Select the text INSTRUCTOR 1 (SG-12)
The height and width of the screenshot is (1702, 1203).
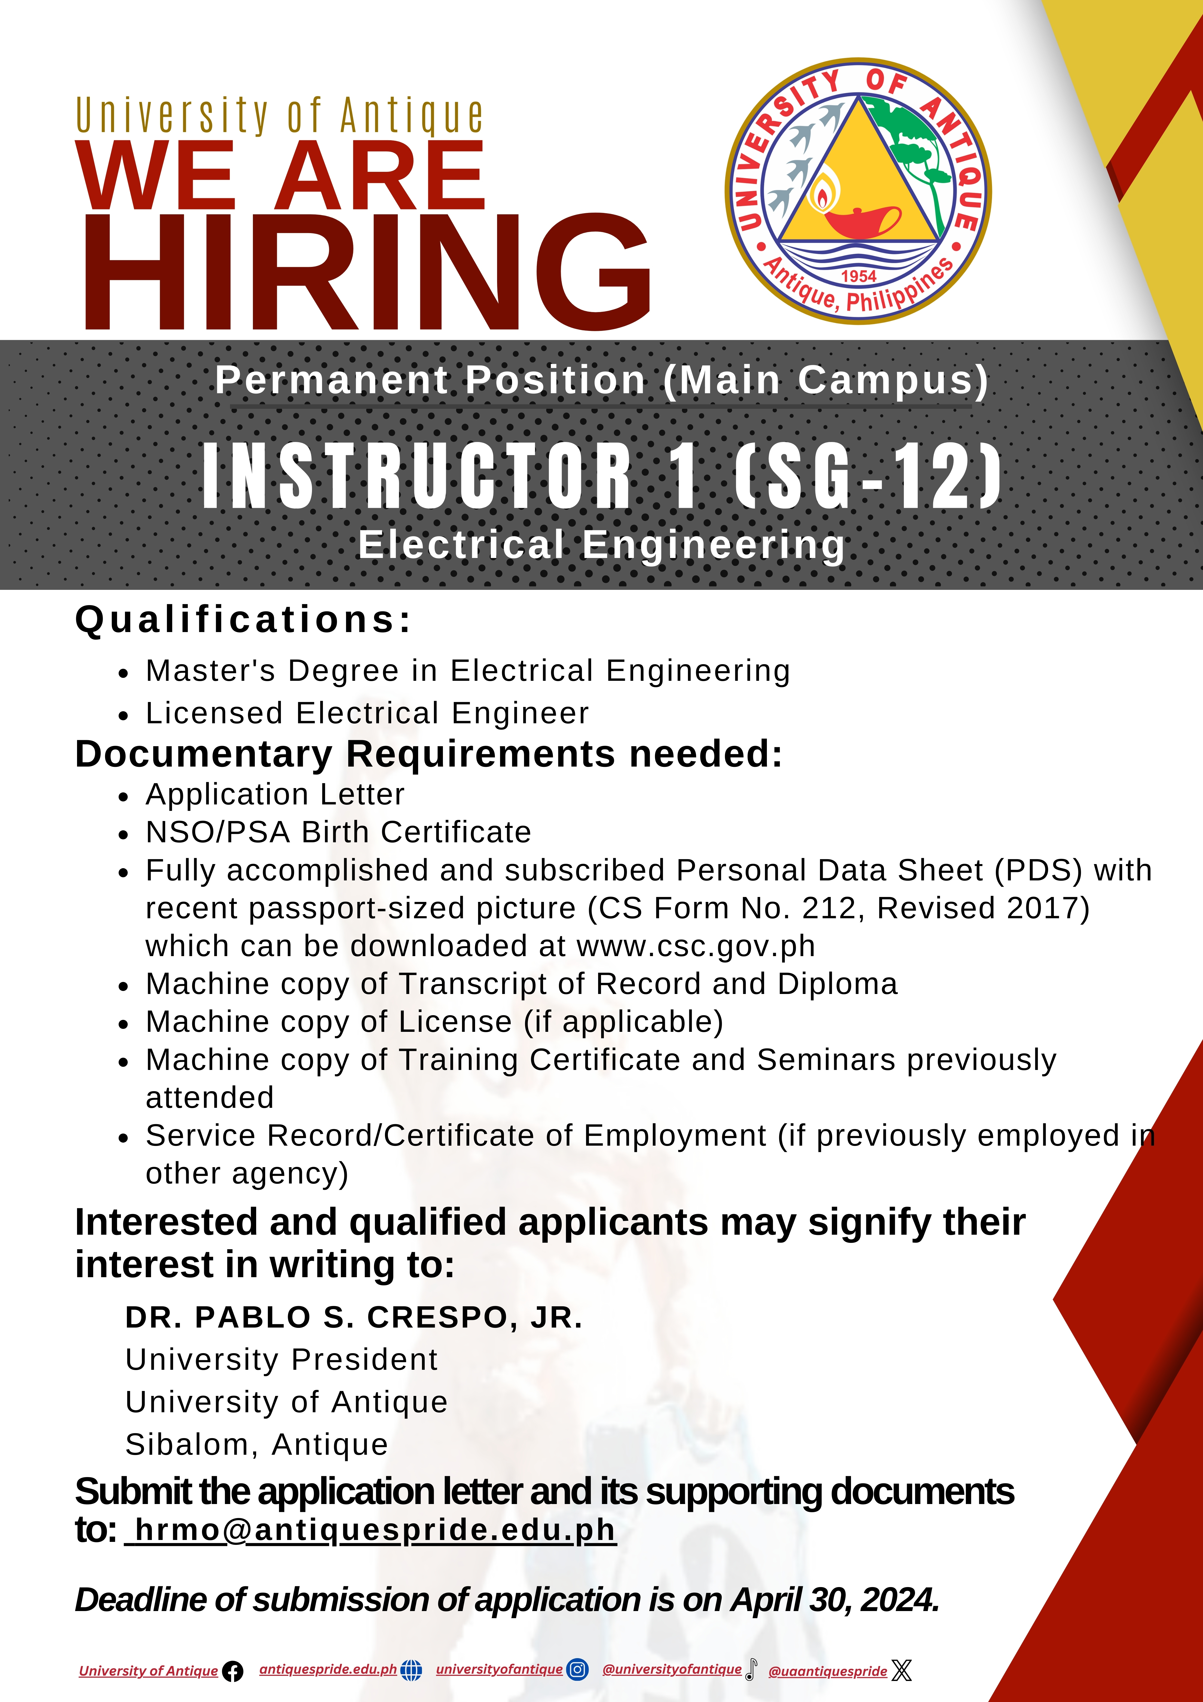(x=602, y=475)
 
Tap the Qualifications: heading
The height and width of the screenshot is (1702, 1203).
(x=243, y=620)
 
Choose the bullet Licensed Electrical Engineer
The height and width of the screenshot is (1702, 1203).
(x=367, y=713)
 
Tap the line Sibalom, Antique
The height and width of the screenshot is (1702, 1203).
(x=256, y=1445)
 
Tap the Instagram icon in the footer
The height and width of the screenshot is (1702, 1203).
(x=577, y=1669)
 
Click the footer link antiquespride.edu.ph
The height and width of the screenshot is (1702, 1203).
(x=328, y=1669)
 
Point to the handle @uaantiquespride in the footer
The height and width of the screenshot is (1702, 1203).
(x=828, y=1672)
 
